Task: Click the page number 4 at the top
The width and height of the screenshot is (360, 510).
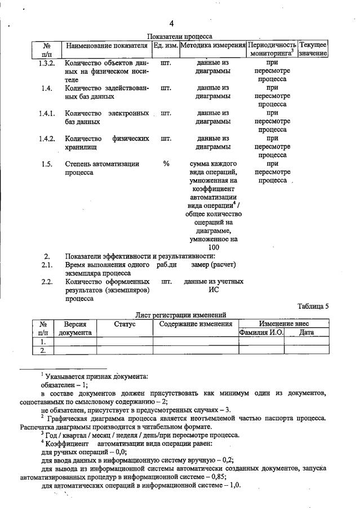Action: [x=171, y=24]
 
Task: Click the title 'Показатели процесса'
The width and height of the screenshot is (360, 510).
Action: [x=180, y=36]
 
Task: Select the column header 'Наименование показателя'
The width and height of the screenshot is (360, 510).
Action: [x=106, y=45]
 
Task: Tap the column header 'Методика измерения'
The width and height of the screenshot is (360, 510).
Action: [x=212, y=45]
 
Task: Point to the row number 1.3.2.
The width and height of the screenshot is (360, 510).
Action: [x=47, y=63]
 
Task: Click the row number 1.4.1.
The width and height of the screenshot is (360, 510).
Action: [x=47, y=113]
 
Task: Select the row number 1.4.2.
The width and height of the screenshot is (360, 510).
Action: [x=47, y=139]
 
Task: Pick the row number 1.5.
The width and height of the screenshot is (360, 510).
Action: [x=47, y=164]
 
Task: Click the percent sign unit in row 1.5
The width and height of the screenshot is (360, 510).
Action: [x=166, y=164]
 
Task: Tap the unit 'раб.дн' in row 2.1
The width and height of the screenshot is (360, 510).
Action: [x=166, y=264]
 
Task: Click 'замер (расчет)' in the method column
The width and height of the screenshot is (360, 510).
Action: [x=214, y=264]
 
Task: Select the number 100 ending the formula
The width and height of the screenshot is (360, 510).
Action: [x=214, y=247]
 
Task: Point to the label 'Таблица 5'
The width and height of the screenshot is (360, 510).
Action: [x=313, y=307]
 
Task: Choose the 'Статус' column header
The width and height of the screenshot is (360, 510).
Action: [x=125, y=324]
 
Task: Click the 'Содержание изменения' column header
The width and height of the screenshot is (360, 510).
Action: [x=195, y=324]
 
